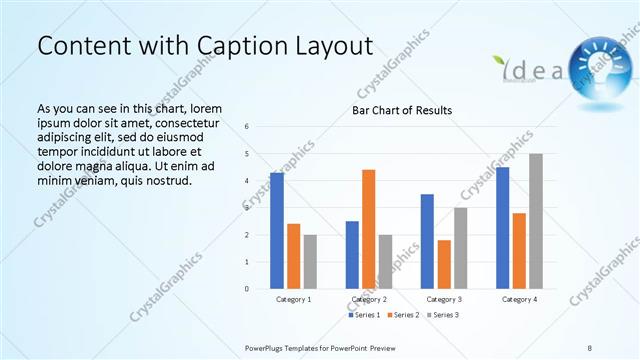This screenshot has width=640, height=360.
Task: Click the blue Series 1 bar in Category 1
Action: click(x=277, y=231)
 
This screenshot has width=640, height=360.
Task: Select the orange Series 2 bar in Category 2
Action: click(x=368, y=229)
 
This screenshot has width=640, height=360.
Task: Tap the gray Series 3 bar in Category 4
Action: click(x=536, y=221)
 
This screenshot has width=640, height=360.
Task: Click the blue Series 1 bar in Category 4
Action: click(x=502, y=228)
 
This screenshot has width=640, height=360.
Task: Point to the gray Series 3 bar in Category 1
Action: click(x=310, y=262)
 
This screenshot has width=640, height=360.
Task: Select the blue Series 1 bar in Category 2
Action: click(x=352, y=255)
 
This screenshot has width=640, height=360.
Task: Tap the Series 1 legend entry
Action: click(x=364, y=315)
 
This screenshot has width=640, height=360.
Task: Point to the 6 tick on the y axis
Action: click(x=246, y=127)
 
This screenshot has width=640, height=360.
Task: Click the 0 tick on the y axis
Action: click(x=246, y=289)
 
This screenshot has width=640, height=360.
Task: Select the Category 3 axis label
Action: click(x=443, y=299)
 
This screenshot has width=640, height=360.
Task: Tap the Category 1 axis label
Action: click(x=293, y=299)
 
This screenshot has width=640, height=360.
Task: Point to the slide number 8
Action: click(x=590, y=346)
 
